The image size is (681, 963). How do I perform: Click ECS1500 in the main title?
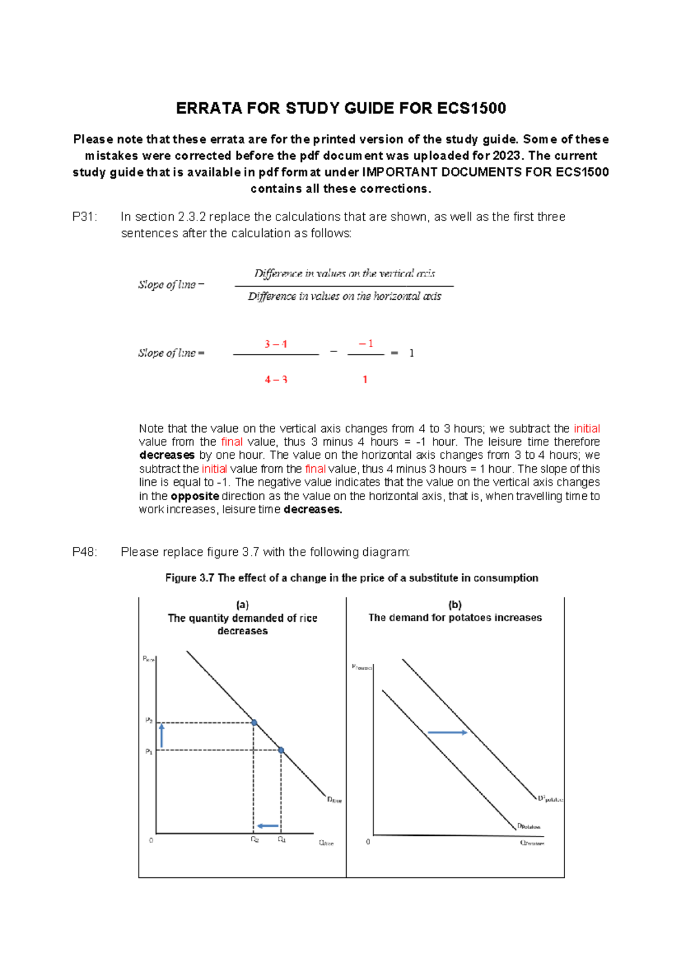[x=472, y=108]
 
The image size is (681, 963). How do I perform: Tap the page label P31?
[x=85, y=217]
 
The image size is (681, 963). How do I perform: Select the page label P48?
[x=85, y=552]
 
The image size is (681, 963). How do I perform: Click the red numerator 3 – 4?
[x=276, y=344]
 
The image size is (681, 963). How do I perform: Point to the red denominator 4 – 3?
[x=276, y=379]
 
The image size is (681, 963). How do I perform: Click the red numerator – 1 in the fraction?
[x=366, y=344]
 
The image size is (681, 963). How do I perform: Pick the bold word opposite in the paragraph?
[x=195, y=496]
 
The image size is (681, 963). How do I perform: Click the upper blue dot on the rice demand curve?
[x=254, y=723]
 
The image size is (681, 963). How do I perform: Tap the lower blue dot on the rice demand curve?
[x=281, y=750]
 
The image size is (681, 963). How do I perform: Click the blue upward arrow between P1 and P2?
[x=162, y=735]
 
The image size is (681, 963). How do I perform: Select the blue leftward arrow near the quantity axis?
[x=267, y=826]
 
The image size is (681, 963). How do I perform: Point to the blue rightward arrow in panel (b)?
[x=447, y=732]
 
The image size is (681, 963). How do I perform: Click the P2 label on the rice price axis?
[x=149, y=720]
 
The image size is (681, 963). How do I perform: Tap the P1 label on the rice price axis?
[x=149, y=751]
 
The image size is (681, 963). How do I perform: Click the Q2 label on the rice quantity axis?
[x=255, y=840]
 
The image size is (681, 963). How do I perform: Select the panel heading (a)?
[x=242, y=605]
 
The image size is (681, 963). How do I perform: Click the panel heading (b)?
[x=455, y=605]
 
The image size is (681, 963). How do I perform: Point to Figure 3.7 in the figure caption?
[x=190, y=578]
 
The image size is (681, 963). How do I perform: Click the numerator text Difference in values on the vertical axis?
[x=344, y=274]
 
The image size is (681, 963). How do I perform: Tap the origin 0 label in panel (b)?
[x=368, y=841]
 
